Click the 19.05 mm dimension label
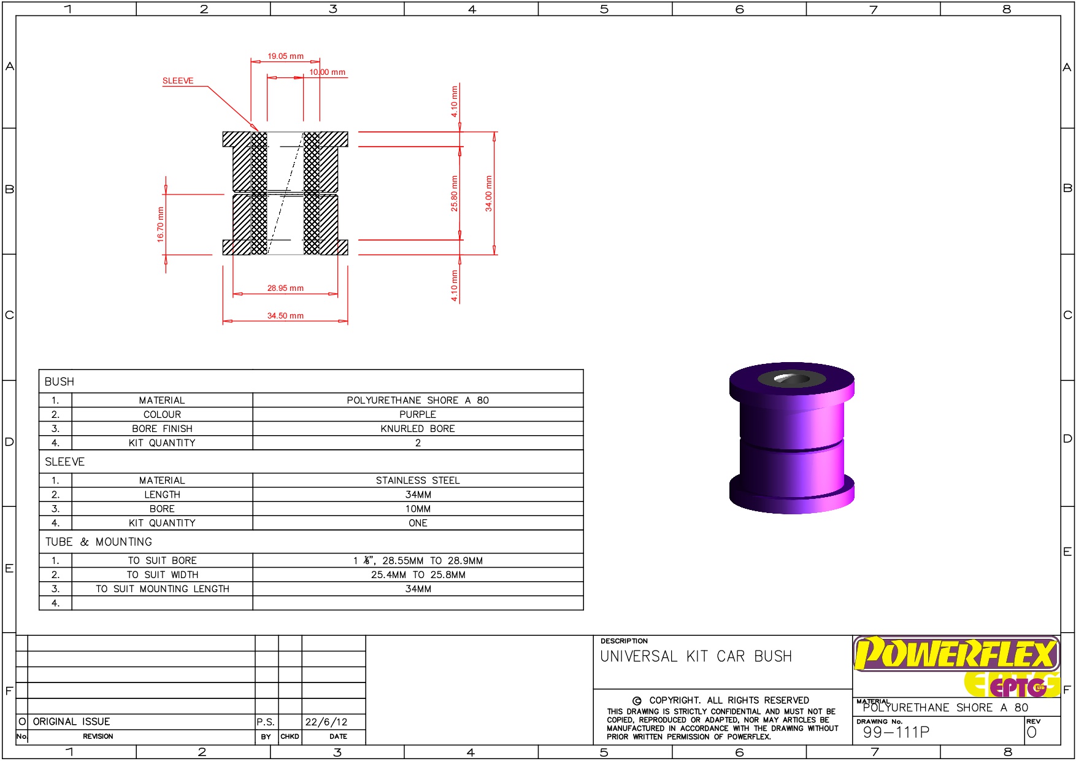285,56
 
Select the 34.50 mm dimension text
285,316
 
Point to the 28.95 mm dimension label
285,288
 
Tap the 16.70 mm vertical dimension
161,225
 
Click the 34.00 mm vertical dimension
489,194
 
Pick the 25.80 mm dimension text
455,194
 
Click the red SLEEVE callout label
178,81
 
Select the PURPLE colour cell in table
418,415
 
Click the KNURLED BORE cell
418,429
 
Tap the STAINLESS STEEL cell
418,481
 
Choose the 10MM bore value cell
418,509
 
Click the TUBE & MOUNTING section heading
99,542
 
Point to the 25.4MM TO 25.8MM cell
418,575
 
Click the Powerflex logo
956,654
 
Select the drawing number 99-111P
896,732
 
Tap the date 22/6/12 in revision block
326,722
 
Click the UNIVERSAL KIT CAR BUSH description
696,657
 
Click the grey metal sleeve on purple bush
791,379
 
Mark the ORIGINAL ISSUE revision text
72,722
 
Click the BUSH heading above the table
60,382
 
